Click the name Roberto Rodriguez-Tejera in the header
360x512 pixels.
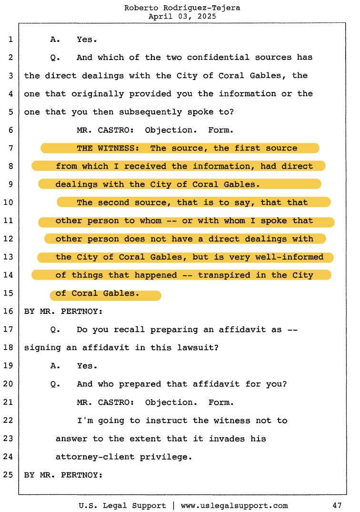(x=182, y=8)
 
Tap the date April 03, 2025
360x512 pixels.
(x=182, y=16)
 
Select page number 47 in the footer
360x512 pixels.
(x=337, y=505)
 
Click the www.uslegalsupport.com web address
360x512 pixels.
(x=234, y=505)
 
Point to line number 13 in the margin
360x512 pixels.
(x=10, y=257)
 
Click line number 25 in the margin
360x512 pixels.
(x=10, y=475)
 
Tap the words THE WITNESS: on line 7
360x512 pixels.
(x=108, y=148)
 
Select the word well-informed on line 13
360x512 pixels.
(x=292, y=257)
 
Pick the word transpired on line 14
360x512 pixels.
(x=224, y=275)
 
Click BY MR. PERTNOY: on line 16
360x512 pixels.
(x=63, y=311)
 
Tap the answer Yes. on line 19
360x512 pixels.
(x=87, y=366)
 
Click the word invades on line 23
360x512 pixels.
(x=226, y=439)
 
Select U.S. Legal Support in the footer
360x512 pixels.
(x=122, y=505)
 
